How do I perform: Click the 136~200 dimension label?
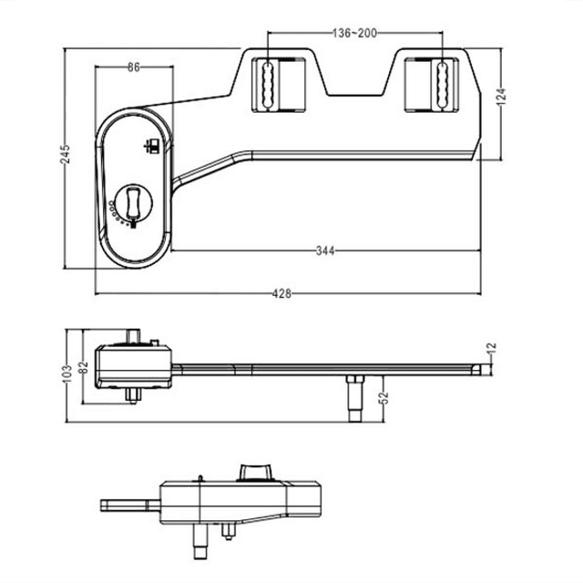[354, 34]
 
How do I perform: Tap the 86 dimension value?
[133, 67]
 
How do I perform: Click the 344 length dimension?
[325, 249]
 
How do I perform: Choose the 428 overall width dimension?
[282, 293]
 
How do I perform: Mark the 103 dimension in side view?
[66, 373]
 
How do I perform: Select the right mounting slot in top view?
[441, 85]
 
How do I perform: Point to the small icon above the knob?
[153, 145]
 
